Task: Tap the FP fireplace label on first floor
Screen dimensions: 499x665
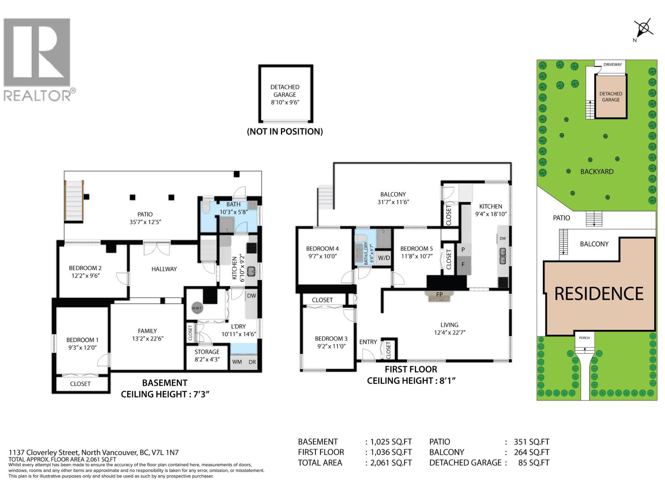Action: coord(439,294)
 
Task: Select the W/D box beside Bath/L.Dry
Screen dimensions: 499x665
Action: coord(384,258)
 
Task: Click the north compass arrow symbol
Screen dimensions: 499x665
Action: coord(643,29)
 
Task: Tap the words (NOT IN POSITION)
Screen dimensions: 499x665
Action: coord(285,131)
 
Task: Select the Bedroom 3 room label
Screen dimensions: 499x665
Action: coord(331,342)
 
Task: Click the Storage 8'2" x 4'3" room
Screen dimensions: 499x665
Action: coord(207,356)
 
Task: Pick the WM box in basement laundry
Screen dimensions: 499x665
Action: coord(237,362)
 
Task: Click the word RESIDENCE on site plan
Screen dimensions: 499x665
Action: coord(598,294)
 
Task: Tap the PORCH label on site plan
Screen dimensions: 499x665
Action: coord(584,338)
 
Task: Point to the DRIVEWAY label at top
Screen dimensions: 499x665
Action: coord(613,64)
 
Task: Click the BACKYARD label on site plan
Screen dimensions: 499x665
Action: coord(597,171)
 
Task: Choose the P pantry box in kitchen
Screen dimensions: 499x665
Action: coord(463,250)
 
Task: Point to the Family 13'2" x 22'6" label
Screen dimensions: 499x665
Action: coord(148,335)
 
